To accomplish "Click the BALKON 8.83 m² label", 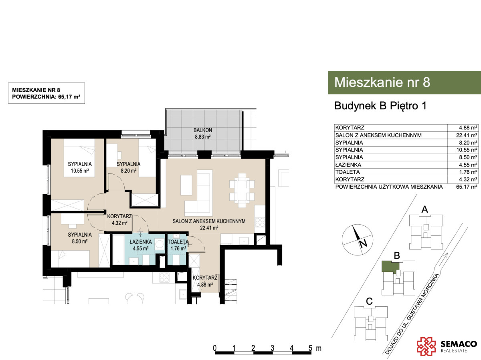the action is point(202,133).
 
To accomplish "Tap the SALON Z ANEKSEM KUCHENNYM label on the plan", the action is point(209,221).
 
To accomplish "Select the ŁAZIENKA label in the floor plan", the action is point(141,241).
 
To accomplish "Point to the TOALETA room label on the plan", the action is point(178,241).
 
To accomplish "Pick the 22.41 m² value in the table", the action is point(467,135).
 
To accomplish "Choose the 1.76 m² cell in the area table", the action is point(468,172).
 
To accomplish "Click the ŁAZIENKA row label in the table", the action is point(348,165).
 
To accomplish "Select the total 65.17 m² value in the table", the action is point(467,187).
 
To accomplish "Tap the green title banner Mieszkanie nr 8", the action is point(404,82).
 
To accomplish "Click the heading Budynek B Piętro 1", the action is point(380,106).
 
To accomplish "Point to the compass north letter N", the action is point(363,243).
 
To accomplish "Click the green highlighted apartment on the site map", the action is point(390,267).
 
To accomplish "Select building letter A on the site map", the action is point(424,209).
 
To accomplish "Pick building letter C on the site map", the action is point(369,302).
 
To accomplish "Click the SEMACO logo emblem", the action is point(426,346).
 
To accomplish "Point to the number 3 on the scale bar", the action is point(272,348).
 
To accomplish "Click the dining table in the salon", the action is point(242,190).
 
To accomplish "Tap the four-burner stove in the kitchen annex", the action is point(260,222).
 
